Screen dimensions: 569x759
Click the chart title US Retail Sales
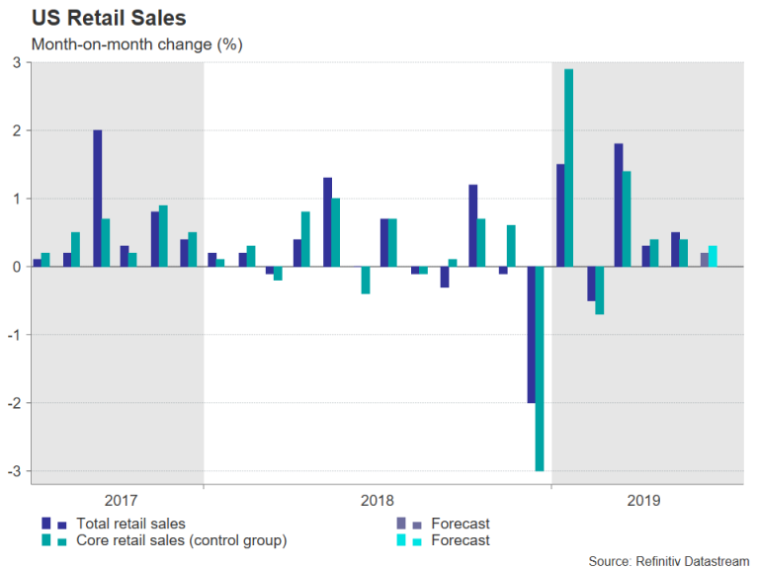pyautogui.click(x=109, y=18)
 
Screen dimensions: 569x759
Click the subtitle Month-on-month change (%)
pyautogui.click(x=136, y=44)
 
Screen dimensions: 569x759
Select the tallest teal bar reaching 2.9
pyautogui.click(x=569, y=168)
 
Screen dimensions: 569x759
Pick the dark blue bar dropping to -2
pyautogui.click(x=531, y=335)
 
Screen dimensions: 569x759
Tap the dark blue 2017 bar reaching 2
pyautogui.click(x=98, y=199)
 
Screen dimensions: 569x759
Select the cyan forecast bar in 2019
pyautogui.click(x=714, y=256)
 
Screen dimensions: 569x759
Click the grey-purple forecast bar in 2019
pyautogui.click(x=704, y=260)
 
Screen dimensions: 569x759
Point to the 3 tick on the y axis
pyautogui.click(x=17, y=62)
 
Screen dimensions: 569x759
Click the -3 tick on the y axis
pyautogui.click(x=15, y=471)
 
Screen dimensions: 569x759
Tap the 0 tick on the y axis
pyautogui.click(x=17, y=267)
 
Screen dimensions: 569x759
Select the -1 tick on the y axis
pyautogui.click(x=15, y=335)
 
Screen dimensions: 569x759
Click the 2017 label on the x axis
pyautogui.click(x=121, y=501)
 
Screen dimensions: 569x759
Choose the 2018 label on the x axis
pyautogui.click(x=377, y=501)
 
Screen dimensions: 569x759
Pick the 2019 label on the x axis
pyautogui.click(x=645, y=501)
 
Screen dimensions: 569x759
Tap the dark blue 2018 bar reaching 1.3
pyautogui.click(x=327, y=222)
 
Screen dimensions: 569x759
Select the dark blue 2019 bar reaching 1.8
pyautogui.click(x=618, y=205)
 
